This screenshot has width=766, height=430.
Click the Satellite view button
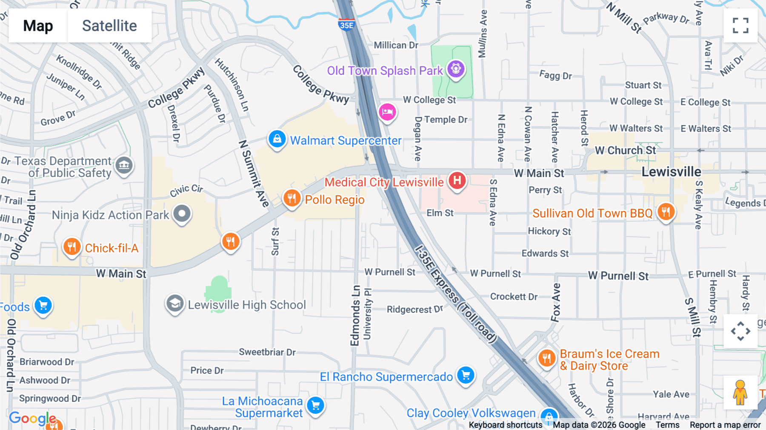tap(109, 26)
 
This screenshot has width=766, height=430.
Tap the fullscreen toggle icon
tap(740, 26)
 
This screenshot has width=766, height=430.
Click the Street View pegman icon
tap(740, 392)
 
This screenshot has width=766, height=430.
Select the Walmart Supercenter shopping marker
tap(277, 139)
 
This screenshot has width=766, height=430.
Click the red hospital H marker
tap(457, 181)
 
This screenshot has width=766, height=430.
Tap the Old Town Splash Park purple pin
tap(456, 69)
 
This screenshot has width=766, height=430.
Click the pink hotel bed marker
tap(387, 112)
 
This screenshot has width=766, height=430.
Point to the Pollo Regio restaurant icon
tap(292, 198)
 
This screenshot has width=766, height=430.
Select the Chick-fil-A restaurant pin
tap(72, 247)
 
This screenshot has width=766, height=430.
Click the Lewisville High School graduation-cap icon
tap(175, 304)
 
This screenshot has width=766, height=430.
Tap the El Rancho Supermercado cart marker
tap(466, 376)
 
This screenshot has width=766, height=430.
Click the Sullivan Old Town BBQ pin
tap(666, 212)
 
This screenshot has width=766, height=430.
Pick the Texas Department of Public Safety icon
tap(124, 165)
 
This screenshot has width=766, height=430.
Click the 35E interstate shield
tap(346, 25)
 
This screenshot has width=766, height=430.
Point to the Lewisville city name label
tap(671, 172)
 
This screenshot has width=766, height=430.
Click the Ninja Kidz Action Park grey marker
tap(182, 214)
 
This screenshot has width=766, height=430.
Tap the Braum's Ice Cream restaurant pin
tap(547, 358)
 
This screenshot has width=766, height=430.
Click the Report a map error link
tap(725, 425)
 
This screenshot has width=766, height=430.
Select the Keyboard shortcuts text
tap(506, 425)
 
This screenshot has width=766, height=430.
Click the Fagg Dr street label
tap(555, 76)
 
